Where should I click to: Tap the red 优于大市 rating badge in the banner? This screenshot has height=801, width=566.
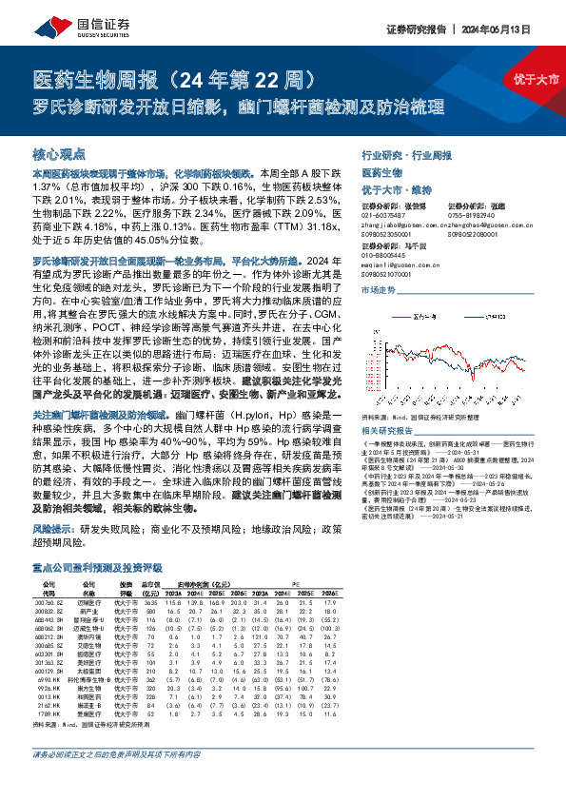pyautogui.click(x=534, y=79)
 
